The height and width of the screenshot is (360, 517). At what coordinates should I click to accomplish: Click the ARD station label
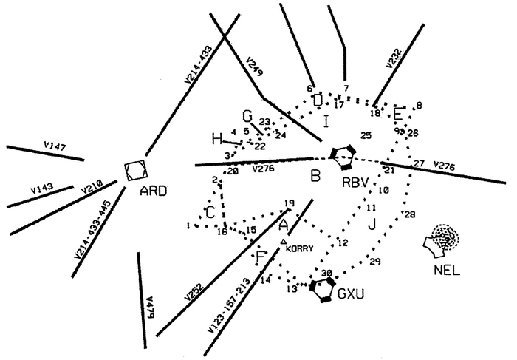click(x=154, y=191)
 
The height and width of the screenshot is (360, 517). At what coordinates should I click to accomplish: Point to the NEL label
click(x=448, y=271)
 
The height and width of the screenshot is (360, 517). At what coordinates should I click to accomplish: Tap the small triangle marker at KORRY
click(x=284, y=241)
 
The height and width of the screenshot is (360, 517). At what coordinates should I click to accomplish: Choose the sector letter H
click(x=216, y=138)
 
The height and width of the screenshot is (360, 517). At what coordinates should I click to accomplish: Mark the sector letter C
click(x=210, y=213)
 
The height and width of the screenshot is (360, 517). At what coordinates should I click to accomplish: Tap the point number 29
click(x=374, y=262)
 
